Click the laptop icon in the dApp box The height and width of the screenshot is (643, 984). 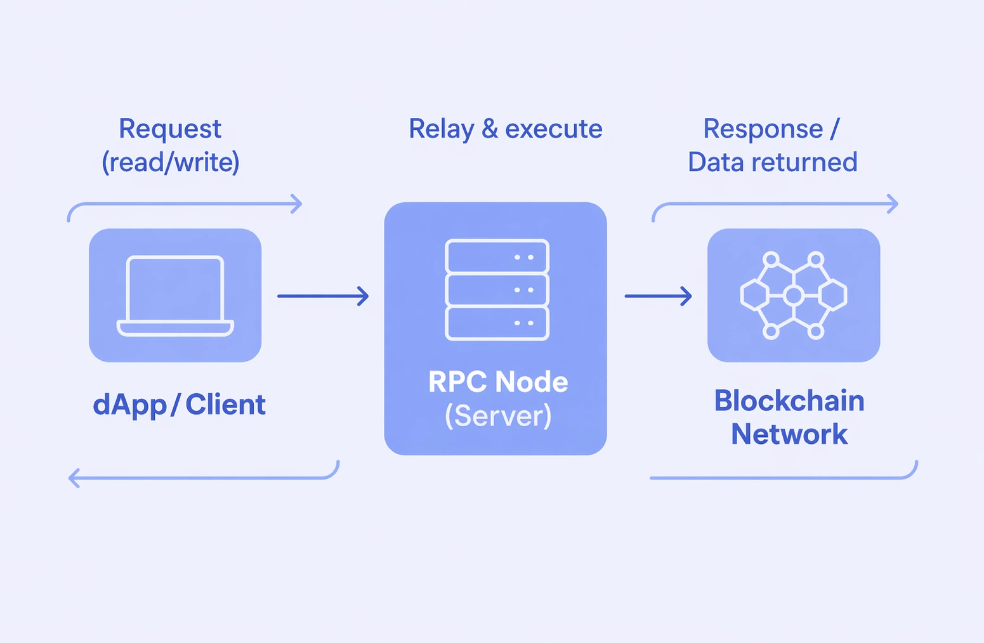tap(175, 296)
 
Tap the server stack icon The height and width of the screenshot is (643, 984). tap(497, 290)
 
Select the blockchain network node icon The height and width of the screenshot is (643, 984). tap(793, 296)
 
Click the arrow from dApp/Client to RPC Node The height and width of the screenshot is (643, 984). tap(323, 296)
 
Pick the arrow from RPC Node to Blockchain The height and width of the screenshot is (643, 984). tap(658, 296)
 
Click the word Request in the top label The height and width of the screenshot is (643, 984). tap(170, 129)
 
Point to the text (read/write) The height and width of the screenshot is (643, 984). tap(171, 162)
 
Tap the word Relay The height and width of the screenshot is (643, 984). tap(441, 129)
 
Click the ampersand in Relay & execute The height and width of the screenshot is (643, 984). tap(490, 129)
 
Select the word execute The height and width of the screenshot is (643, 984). tap(553, 129)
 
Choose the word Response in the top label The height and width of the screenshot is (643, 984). tap(763, 129)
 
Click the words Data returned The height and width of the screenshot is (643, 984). tap(772, 162)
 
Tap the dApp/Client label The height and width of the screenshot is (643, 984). tap(179, 405)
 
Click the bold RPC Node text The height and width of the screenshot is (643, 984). tap(498, 382)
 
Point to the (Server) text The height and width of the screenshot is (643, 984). tap(498, 416)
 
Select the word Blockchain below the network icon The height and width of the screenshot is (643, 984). tap(789, 401)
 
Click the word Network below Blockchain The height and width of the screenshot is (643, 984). tap(789, 434)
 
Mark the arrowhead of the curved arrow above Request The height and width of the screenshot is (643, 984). tap(297, 204)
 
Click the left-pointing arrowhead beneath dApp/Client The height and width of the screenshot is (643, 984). tap(74, 477)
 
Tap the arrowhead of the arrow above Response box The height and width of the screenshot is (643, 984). tap(893, 204)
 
